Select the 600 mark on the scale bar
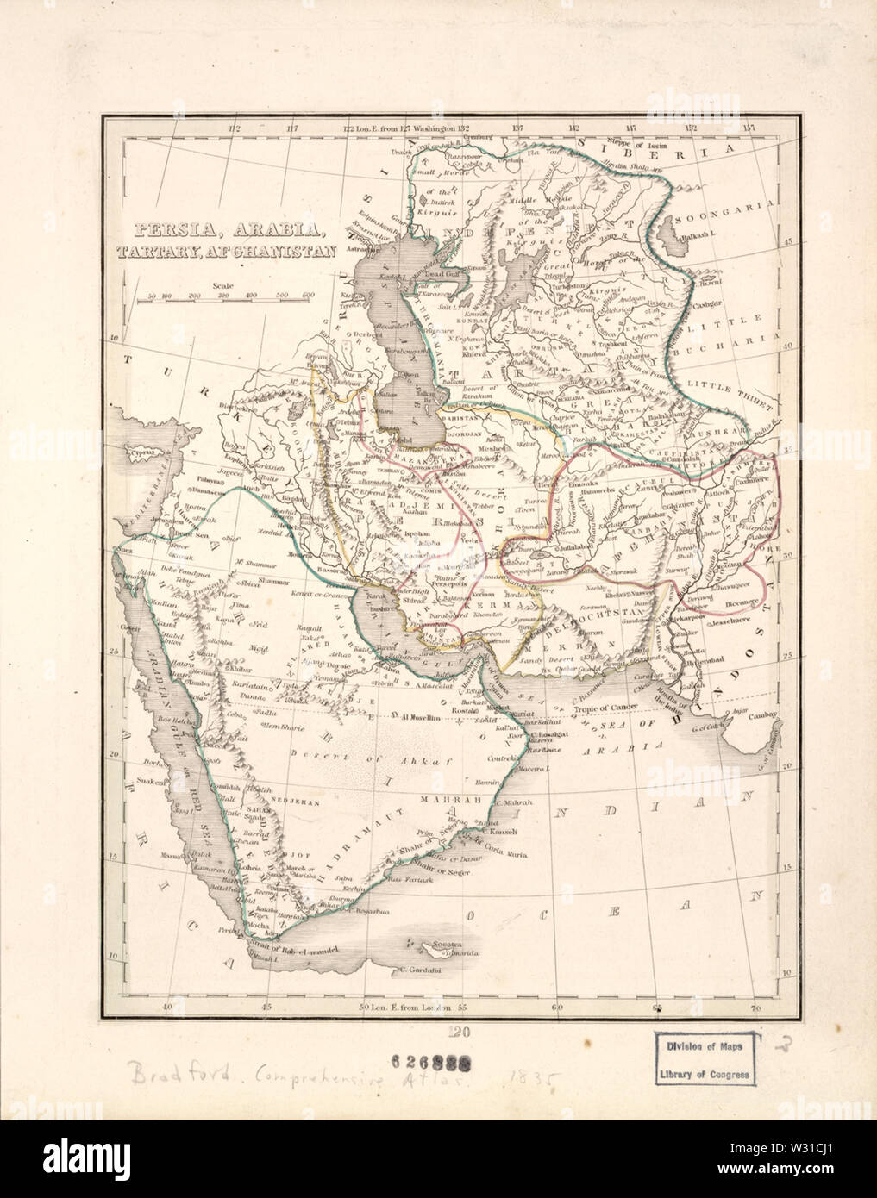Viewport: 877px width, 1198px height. point(306,296)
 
